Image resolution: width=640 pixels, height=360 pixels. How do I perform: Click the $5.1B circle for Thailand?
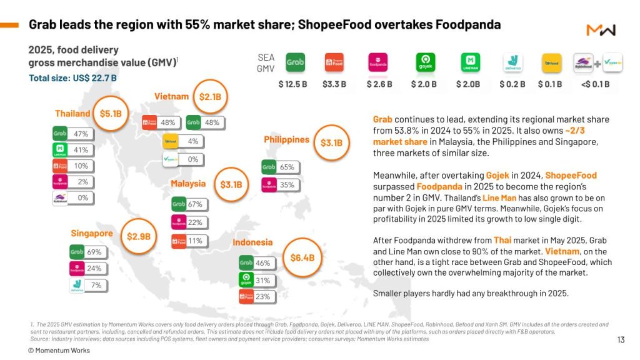[x=111, y=114]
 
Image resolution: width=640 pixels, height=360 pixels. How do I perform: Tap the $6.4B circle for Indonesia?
[x=302, y=257]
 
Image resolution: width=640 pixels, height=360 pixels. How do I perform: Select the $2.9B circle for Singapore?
[x=138, y=236]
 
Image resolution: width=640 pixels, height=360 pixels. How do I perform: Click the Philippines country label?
[x=286, y=139]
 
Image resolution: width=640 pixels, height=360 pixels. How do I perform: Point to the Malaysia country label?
[x=188, y=184]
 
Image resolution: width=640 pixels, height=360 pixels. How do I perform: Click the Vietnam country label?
[x=171, y=96]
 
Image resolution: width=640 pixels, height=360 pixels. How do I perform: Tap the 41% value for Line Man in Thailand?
[x=81, y=150]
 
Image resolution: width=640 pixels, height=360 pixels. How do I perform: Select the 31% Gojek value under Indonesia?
[x=262, y=281]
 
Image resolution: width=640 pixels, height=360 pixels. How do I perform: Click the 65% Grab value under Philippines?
[x=287, y=167]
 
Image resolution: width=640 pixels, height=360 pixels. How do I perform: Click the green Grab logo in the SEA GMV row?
[x=295, y=63]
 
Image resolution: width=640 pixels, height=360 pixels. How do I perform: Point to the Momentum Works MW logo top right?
[x=601, y=30]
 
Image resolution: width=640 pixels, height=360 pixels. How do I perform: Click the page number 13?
[x=620, y=340]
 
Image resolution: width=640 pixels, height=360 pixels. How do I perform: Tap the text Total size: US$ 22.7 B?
[x=72, y=78]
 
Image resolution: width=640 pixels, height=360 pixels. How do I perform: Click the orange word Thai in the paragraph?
[x=502, y=241]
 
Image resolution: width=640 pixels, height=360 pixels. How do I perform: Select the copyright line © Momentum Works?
[x=59, y=351]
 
